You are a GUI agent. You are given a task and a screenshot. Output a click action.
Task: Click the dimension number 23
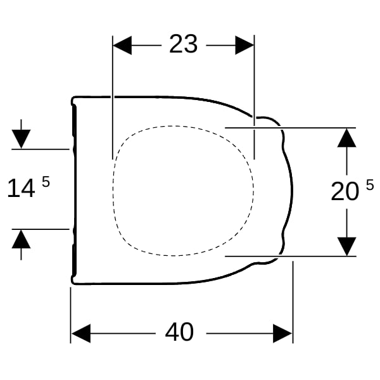(184, 44)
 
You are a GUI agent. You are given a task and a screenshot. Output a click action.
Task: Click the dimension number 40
(179, 332)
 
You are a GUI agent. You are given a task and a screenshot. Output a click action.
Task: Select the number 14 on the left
(21, 188)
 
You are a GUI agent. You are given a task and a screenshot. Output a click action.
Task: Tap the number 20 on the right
(345, 191)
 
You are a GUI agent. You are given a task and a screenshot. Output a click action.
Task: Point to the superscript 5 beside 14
(46, 182)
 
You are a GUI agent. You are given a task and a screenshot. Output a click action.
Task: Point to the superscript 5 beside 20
(370, 185)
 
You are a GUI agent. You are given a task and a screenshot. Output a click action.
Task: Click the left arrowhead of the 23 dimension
(122, 46)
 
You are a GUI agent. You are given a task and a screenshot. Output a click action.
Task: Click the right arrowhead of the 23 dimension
(244, 46)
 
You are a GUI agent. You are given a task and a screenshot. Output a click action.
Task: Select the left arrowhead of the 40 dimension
(81, 334)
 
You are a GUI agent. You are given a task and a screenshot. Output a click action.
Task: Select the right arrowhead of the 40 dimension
(282, 334)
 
